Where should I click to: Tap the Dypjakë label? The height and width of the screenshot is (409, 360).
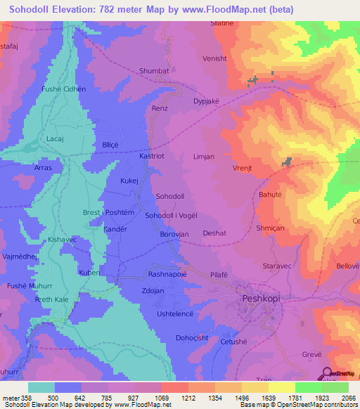(x=207, y=100)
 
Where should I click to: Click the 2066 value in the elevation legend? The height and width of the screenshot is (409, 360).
(x=349, y=398)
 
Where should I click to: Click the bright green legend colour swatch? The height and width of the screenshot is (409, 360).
(x=309, y=387)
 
